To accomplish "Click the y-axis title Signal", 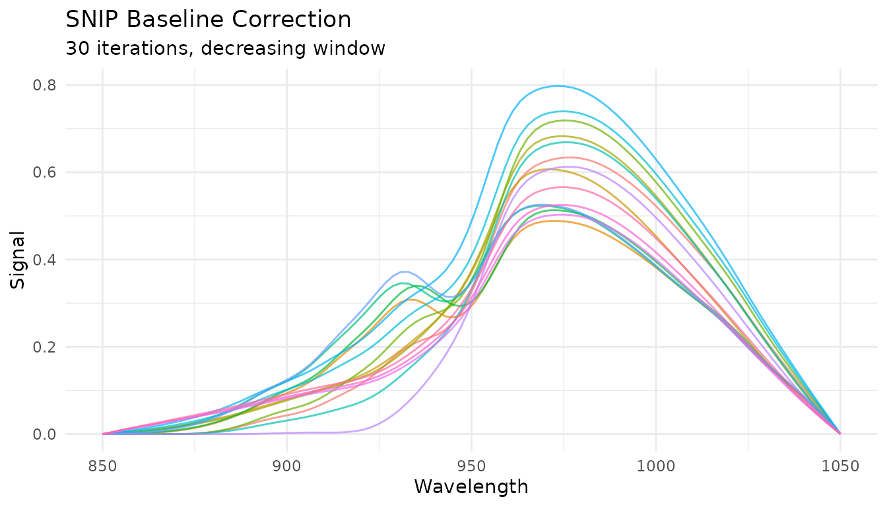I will pyautogui.click(x=18, y=259).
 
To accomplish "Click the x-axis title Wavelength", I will pyautogui.click(x=471, y=487).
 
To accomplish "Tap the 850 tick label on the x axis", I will pyautogui.click(x=102, y=466).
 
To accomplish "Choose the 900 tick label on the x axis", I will pyautogui.click(x=286, y=466).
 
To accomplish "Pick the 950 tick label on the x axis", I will pyautogui.click(x=471, y=466).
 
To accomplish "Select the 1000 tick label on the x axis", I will pyautogui.click(x=655, y=466).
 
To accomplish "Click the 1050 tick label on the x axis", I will pyautogui.click(x=840, y=466).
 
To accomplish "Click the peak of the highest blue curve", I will pyautogui.click(x=558, y=86).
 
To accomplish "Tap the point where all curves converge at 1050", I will pyautogui.click(x=840, y=434).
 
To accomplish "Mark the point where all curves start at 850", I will pyautogui.click(x=102, y=434).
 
